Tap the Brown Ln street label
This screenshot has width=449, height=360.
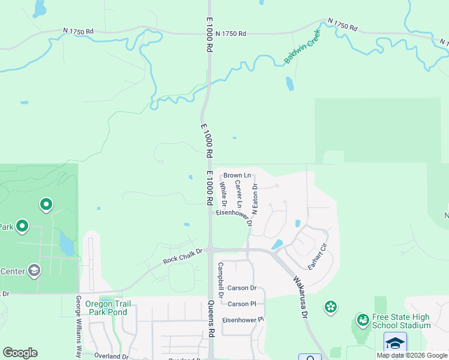[x=237, y=176]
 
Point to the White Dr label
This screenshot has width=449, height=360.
[x=223, y=193]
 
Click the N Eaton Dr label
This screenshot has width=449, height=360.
[x=255, y=199]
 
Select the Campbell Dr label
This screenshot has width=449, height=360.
[x=220, y=279]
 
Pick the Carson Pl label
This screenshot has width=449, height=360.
[x=242, y=304]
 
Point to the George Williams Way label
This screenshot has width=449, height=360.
[x=78, y=327]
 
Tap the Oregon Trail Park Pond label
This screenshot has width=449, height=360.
[x=107, y=308]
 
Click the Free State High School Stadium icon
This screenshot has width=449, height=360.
[x=362, y=319]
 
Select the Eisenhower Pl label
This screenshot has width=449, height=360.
[x=243, y=320]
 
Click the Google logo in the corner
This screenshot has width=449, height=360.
[x=20, y=353]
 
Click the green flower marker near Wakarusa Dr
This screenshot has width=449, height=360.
[x=330, y=308]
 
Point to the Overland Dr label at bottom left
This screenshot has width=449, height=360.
[x=111, y=356]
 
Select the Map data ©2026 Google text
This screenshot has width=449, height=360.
[x=411, y=355]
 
